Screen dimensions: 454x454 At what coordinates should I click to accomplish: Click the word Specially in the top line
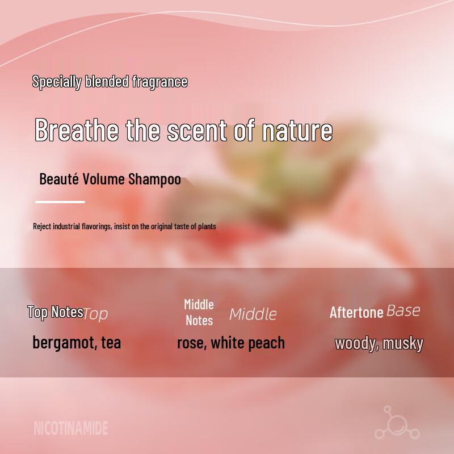pyautogui.click(x=56, y=82)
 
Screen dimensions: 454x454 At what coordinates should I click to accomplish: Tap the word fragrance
pyautogui.click(x=160, y=82)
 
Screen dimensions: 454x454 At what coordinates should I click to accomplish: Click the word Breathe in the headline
pyautogui.click(x=77, y=130)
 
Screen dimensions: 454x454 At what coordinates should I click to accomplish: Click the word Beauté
pyautogui.click(x=59, y=179)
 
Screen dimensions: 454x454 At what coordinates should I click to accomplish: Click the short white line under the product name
pyautogui.click(x=60, y=202)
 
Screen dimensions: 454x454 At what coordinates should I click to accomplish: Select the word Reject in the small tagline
pyautogui.click(x=42, y=226)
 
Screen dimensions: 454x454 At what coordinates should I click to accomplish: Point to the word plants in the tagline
pyautogui.click(x=207, y=226)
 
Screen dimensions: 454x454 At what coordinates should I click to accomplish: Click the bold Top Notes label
pyautogui.click(x=55, y=312)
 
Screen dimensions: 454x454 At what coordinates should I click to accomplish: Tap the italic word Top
pyautogui.click(x=95, y=314)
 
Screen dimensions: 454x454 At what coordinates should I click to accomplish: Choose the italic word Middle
pyautogui.click(x=253, y=314)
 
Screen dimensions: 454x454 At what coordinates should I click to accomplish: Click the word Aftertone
pyautogui.click(x=356, y=313)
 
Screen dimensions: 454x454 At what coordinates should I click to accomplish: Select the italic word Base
pyautogui.click(x=403, y=311)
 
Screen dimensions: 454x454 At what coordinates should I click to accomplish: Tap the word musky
pyautogui.click(x=403, y=344)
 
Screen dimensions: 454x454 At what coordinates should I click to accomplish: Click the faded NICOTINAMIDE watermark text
pyautogui.click(x=71, y=428)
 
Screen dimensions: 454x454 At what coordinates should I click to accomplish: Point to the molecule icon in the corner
pyautogui.click(x=397, y=422)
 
